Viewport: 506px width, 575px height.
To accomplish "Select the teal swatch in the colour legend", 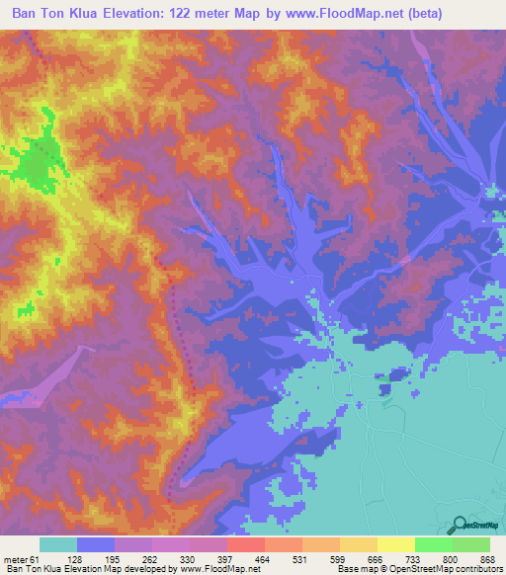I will tap(58, 544).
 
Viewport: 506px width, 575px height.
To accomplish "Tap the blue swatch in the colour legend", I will tap(96, 544).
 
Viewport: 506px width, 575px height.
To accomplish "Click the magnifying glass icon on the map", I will tap(458, 525).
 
